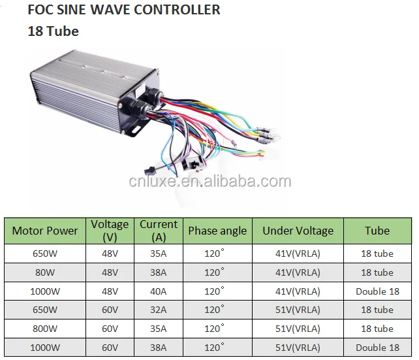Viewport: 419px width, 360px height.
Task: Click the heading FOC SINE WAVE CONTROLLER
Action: pyautogui.click(x=123, y=10)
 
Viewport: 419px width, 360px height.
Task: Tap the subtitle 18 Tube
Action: pyautogui.click(x=53, y=31)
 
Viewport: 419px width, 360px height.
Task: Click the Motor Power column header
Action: pyautogui.click(x=45, y=231)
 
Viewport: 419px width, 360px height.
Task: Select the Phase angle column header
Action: pyautogui.click(x=217, y=231)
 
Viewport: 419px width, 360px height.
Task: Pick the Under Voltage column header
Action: pyautogui.click(x=298, y=231)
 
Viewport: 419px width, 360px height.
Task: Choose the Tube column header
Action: pyautogui.click(x=377, y=231)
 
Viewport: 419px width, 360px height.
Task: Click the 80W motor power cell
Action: pyautogui.click(x=45, y=272)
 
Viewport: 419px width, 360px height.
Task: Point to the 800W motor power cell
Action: pyautogui.click(x=45, y=329)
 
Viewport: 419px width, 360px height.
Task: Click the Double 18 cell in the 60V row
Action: pyautogui.click(x=377, y=348)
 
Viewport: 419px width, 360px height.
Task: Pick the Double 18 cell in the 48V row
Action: pyautogui.click(x=377, y=291)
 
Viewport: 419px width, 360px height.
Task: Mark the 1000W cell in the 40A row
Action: pyautogui.click(x=45, y=291)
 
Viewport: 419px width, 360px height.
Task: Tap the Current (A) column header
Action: pyautogui.click(x=159, y=231)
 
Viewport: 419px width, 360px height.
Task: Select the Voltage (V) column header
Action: pyautogui.click(x=110, y=231)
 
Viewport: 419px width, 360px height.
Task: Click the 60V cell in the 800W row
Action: pyautogui.click(x=110, y=329)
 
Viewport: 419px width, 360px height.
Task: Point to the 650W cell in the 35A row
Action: pyautogui.click(x=45, y=254)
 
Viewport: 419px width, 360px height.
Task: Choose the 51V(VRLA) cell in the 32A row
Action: pyautogui.click(x=298, y=310)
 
